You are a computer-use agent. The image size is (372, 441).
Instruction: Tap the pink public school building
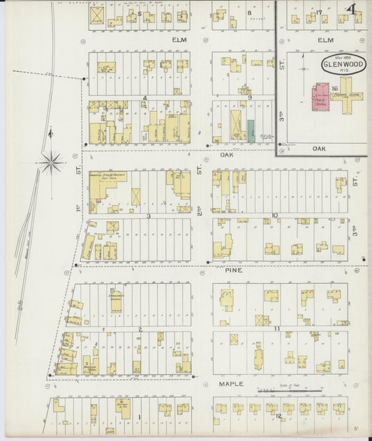tap(320, 98)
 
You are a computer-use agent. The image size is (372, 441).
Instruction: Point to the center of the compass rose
tap(52, 164)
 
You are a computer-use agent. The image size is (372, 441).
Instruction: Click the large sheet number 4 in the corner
tap(354, 10)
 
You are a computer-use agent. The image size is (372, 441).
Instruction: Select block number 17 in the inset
tap(318, 13)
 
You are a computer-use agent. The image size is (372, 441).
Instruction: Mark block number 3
tap(149, 216)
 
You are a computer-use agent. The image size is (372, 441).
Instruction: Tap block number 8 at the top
tap(249, 13)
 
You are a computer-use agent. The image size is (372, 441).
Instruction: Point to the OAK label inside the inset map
tap(320, 148)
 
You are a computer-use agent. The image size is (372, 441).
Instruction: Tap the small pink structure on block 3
tap(98, 202)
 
